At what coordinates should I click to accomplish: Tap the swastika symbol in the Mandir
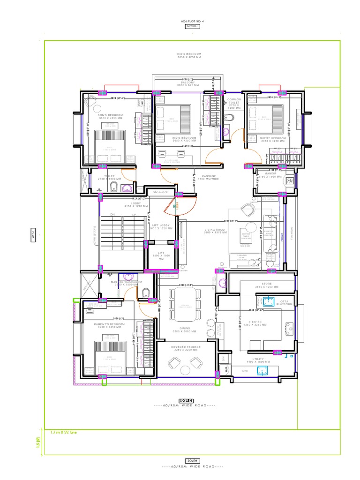[289, 179]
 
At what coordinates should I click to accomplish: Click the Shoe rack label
[160, 192]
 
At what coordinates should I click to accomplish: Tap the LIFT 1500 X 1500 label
[161, 255]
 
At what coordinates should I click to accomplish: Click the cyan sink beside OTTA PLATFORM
[269, 302]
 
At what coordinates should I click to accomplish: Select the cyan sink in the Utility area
[262, 371]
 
